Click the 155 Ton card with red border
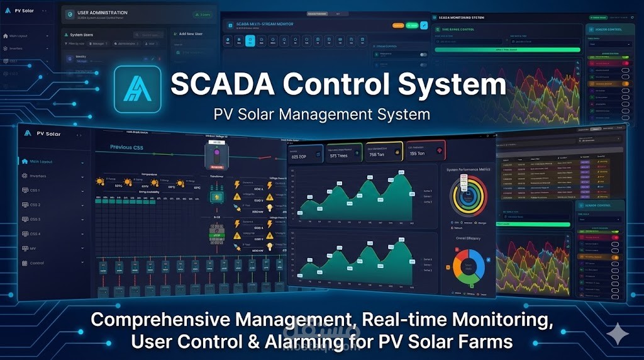coord(425,151)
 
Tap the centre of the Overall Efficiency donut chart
coord(467,267)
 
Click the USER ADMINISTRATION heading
coord(102,13)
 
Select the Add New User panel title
coord(192,34)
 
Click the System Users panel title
coord(82,35)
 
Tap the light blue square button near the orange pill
coord(424,25)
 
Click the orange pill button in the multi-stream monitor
coord(397,26)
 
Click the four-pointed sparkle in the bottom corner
coord(619,334)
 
